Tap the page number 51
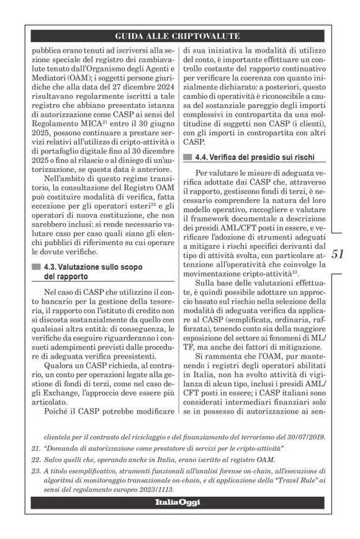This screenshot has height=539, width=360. (340, 270)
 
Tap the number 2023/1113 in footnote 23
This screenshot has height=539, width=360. (157, 489)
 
